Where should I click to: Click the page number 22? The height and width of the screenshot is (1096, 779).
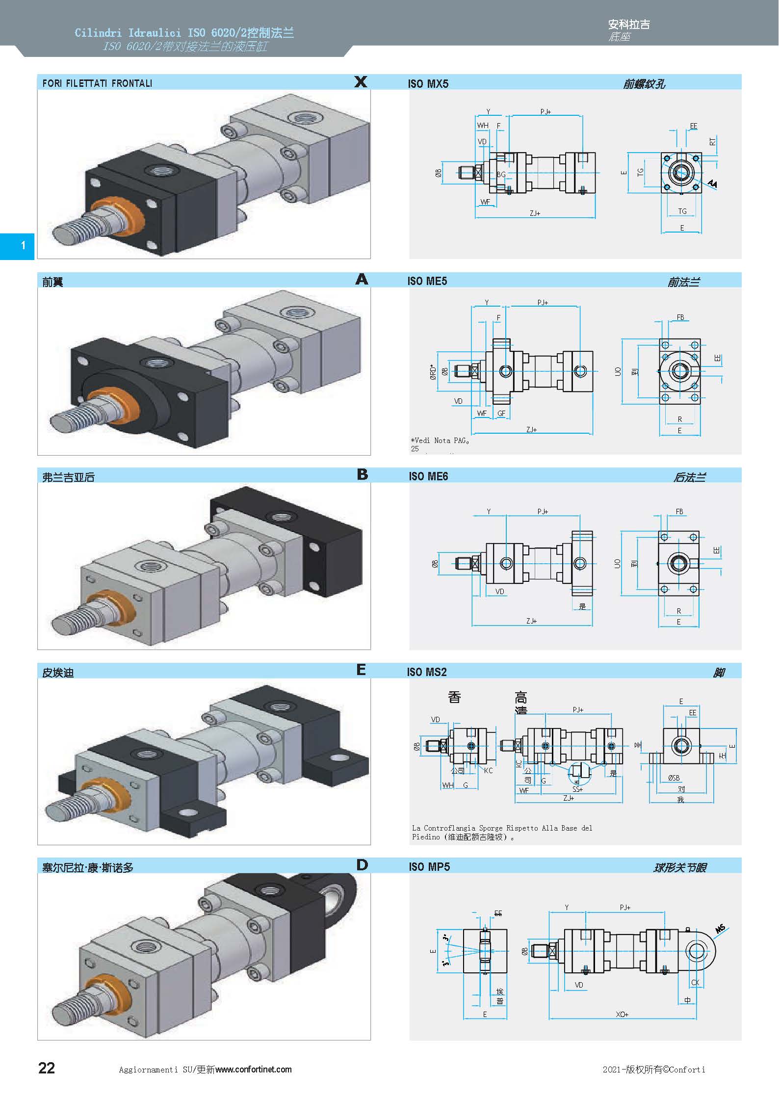tap(47, 1068)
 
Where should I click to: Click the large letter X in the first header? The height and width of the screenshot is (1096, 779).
tap(361, 82)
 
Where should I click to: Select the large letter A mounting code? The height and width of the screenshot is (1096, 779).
tap(362, 279)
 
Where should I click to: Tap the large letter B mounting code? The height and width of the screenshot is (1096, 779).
tap(363, 474)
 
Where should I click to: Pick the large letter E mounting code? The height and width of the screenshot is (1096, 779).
tap(362, 670)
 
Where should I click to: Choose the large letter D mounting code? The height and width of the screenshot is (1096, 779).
tap(362, 865)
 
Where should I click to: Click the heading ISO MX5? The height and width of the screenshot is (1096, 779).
tap(428, 84)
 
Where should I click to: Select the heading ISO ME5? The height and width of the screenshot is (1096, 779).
tap(427, 281)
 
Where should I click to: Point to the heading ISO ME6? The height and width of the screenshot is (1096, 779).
tap(428, 476)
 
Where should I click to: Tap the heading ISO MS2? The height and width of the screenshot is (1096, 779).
tap(426, 672)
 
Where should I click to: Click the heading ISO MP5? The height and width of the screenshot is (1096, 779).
tap(429, 867)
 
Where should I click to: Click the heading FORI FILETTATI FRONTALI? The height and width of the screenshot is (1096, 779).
tap(97, 83)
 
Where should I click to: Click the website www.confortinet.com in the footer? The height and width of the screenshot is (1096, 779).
tap(253, 1070)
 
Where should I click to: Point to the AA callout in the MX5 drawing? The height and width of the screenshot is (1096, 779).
tap(712, 184)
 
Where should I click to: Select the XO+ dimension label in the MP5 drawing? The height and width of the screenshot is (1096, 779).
tap(622, 1014)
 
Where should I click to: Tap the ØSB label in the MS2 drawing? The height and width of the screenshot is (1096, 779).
tap(674, 778)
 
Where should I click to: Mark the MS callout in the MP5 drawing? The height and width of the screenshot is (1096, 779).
tap(720, 929)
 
